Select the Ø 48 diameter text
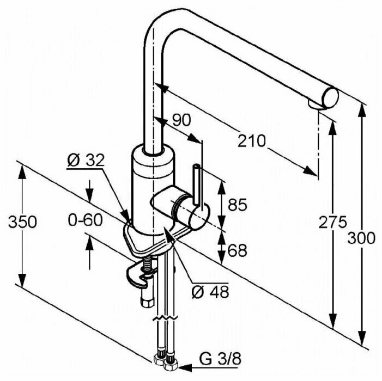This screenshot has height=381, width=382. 209,292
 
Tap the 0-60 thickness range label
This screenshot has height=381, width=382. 86,220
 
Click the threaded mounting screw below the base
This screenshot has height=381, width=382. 149,266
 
